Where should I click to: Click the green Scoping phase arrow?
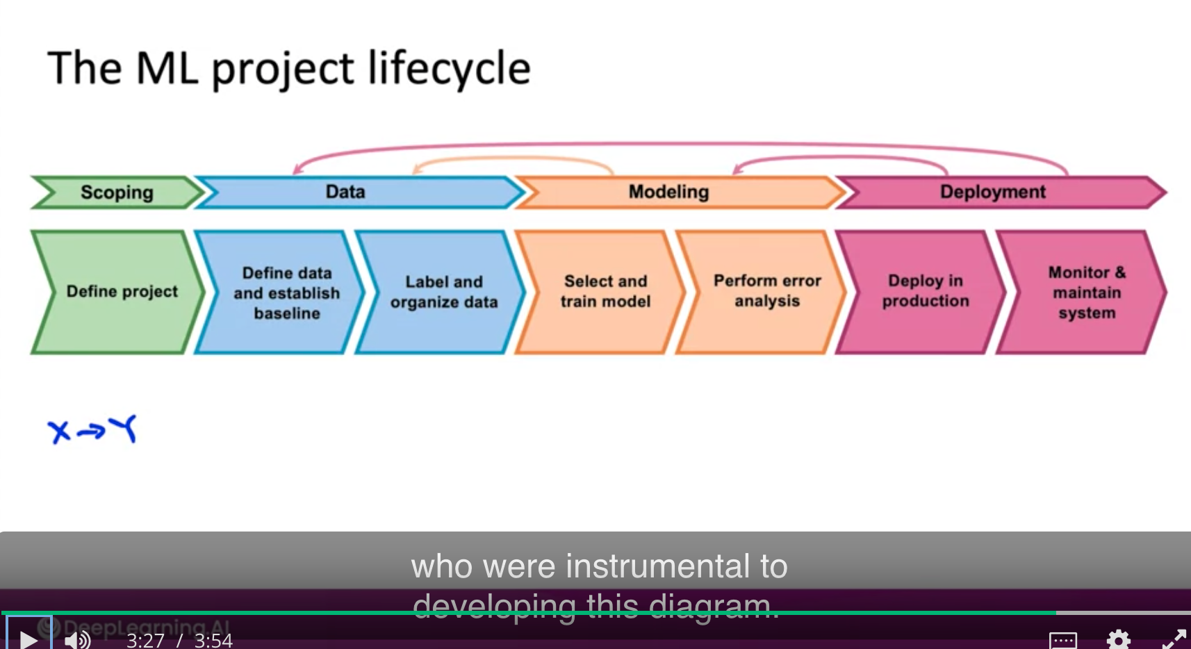117,192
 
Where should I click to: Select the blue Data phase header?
346,192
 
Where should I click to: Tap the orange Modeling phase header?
668,192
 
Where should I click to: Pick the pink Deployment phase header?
992,192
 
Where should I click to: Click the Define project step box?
122,292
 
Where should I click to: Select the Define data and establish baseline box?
286,293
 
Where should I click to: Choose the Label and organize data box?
443,292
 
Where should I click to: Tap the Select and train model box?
605,291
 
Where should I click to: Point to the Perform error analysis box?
767,291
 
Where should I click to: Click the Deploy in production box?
925,291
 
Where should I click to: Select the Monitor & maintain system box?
1086,293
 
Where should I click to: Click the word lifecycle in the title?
449,69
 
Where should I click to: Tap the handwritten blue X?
58,431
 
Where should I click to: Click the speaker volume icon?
77,639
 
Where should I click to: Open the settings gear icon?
1118,639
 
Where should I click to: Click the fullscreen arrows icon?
1174,639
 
